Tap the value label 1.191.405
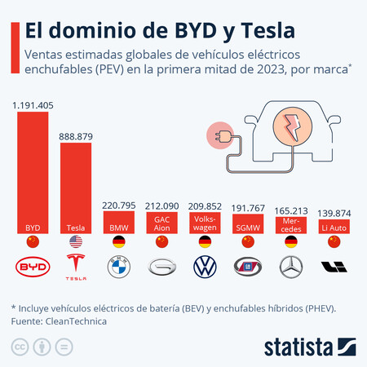(33, 105)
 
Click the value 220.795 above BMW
(117, 206)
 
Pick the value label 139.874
(334, 212)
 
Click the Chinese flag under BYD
(32, 242)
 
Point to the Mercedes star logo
(290, 268)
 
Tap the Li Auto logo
(334, 268)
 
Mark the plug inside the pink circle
(220, 135)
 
